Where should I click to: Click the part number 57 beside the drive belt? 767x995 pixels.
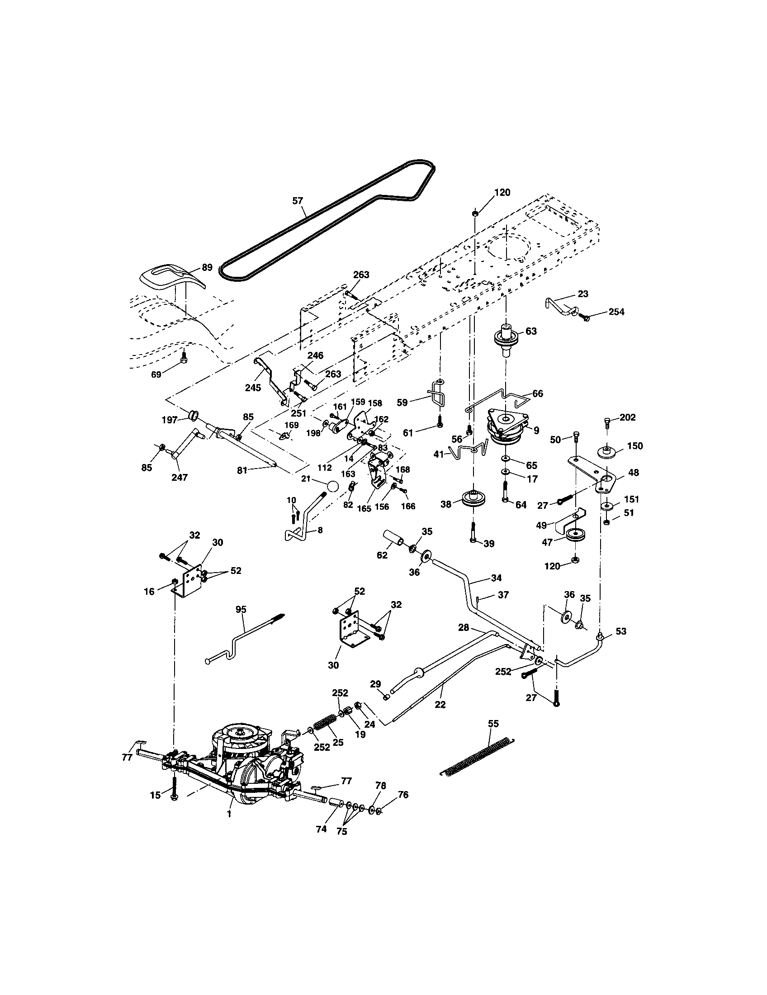pyautogui.click(x=298, y=200)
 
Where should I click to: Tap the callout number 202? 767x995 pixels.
pyautogui.click(x=627, y=417)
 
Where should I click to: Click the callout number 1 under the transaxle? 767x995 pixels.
pyautogui.click(x=229, y=814)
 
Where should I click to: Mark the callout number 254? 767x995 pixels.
pyautogui.click(x=616, y=312)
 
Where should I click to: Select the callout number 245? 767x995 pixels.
pyautogui.click(x=253, y=388)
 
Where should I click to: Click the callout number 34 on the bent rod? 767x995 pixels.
pyautogui.click(x=496, y=578)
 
